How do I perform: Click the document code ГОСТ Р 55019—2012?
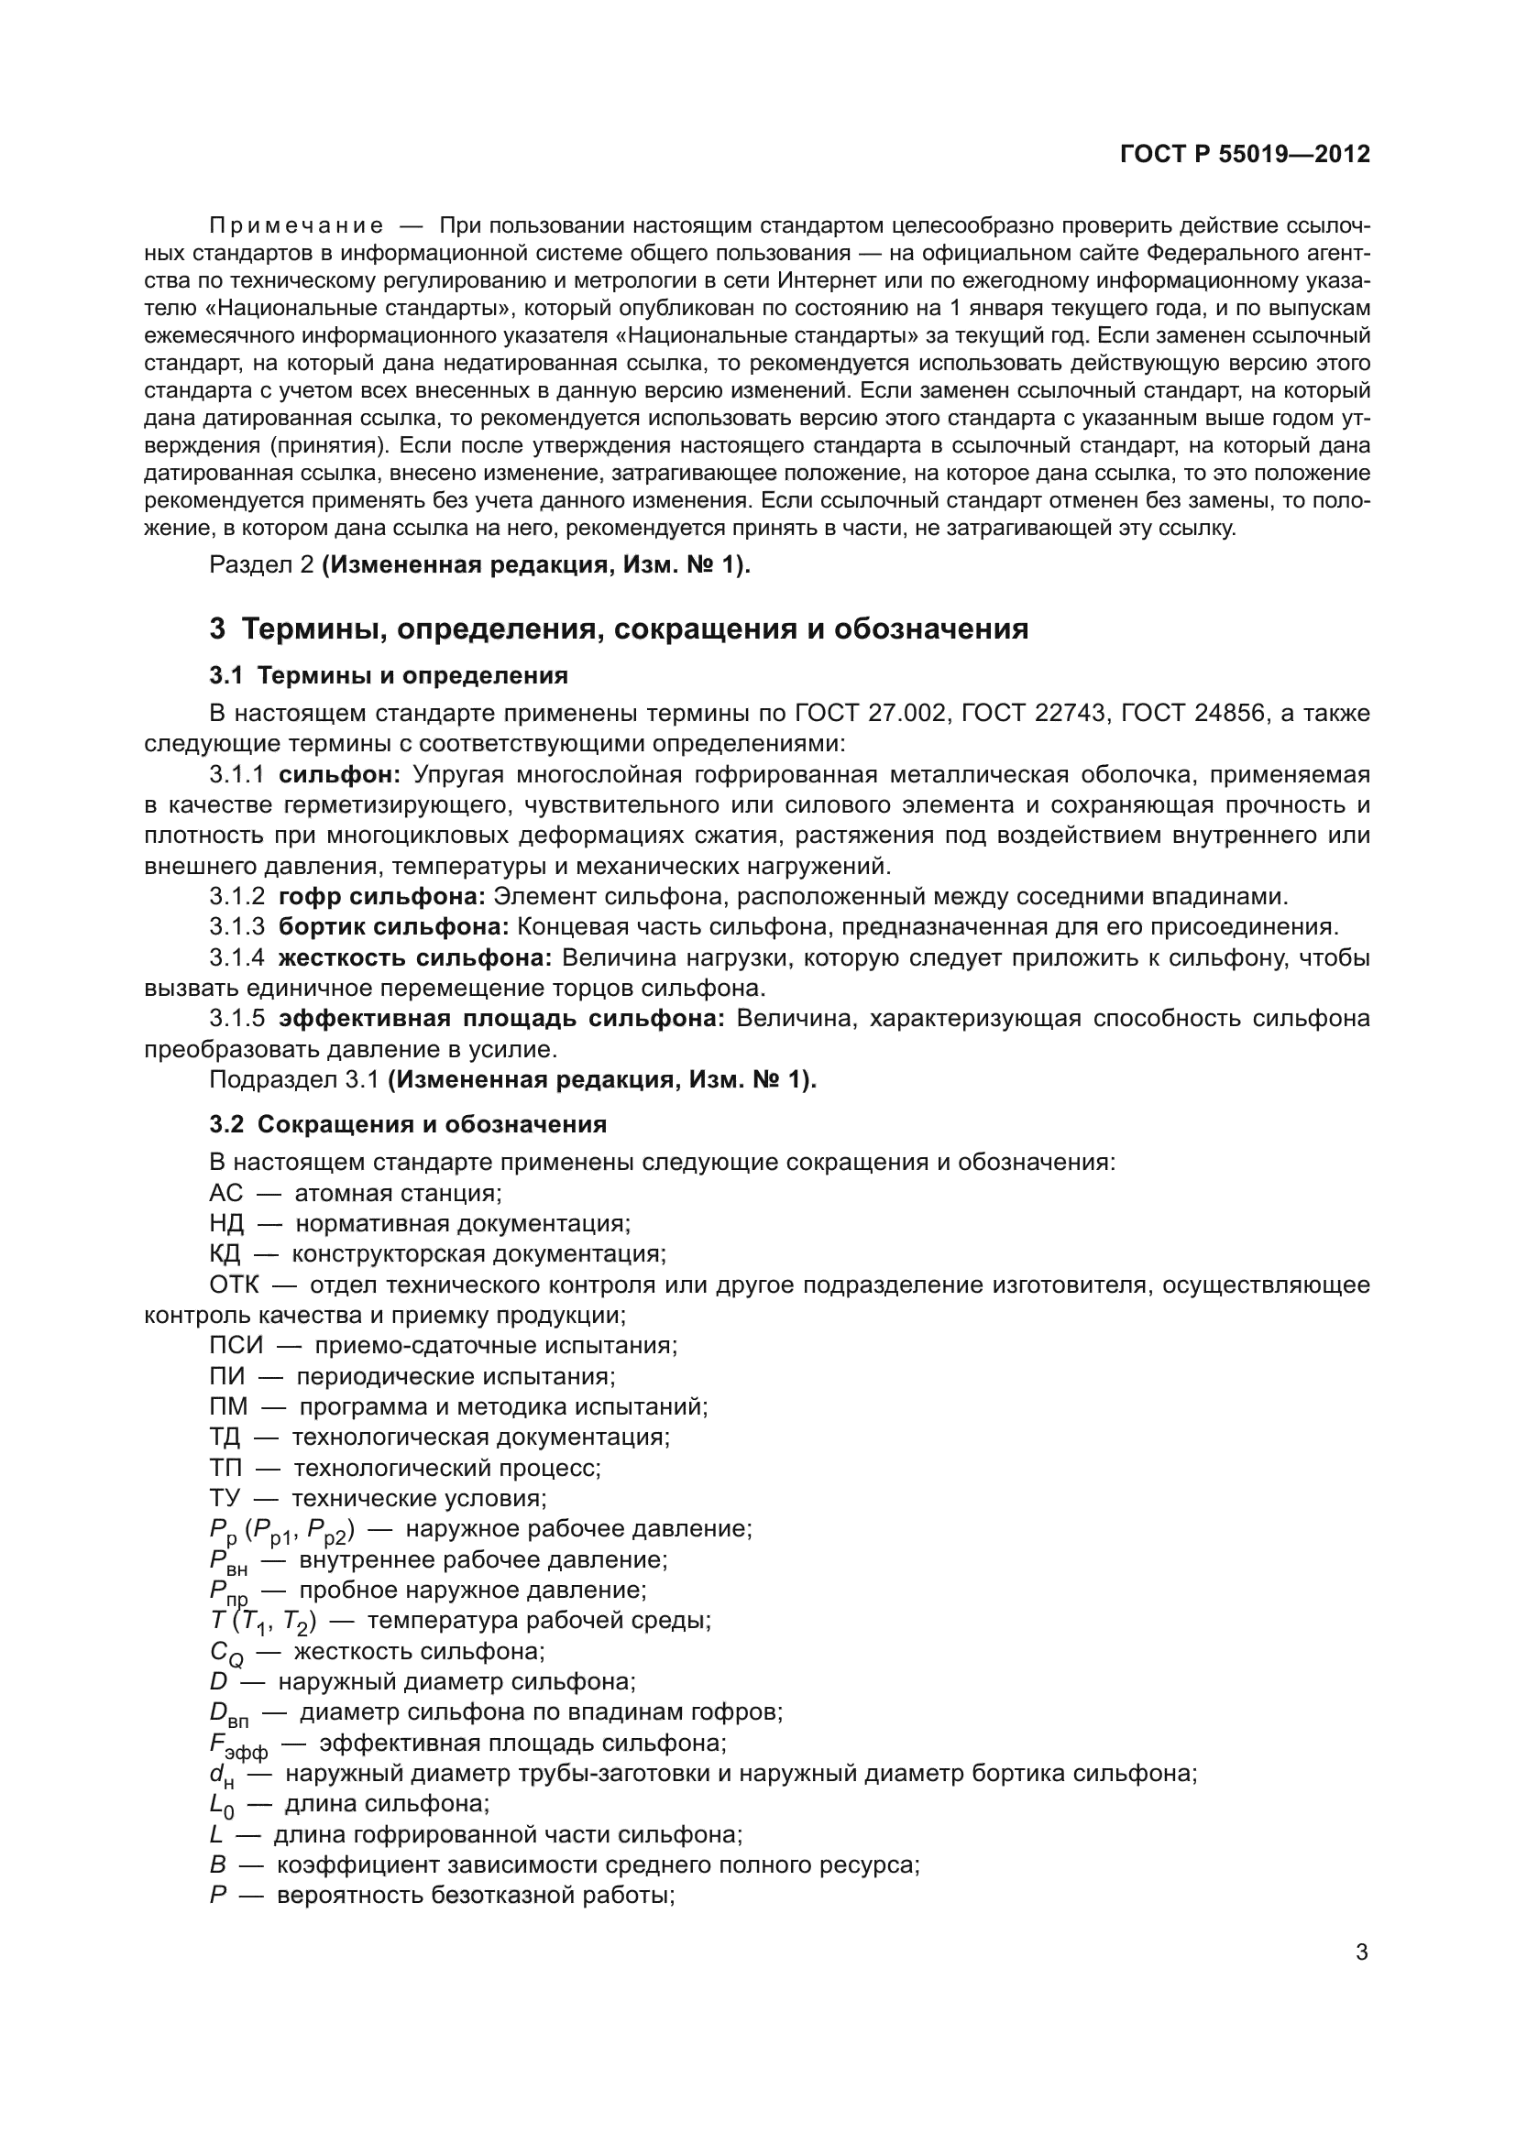coord(1245,154)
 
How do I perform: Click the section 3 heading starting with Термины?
coord(619,629)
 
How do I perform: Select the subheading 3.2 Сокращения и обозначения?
coord(408,1124)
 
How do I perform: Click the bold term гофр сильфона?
coord(382,897)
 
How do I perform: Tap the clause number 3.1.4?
coord(237,957)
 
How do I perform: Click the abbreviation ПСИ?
coord(236,1345)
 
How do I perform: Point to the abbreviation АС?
coord(225,1193)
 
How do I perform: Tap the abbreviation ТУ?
coord(225,1498)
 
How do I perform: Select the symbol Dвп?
coord(229,1714)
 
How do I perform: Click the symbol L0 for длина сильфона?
coord(221,1806)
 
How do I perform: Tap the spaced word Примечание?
coord(296,226)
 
